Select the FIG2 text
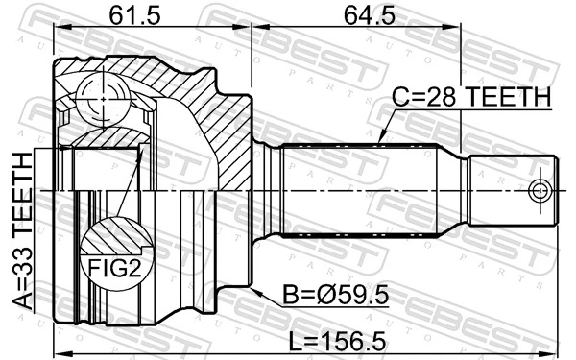tap(116, 269)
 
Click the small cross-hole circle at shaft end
tap(541, 189)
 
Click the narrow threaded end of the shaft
tap(509, 189)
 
